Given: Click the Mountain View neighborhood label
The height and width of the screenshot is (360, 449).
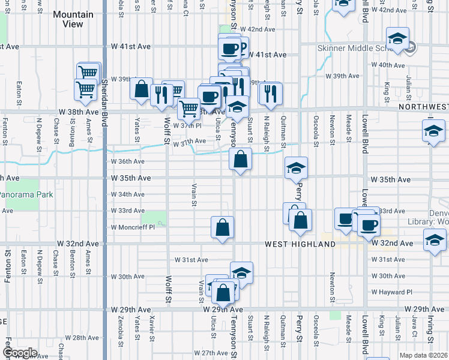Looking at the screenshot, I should [73, 19].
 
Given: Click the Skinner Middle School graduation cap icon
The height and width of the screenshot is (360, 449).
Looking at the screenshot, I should [397, 40].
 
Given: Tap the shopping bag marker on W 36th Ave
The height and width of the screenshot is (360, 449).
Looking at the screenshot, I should [240, 160].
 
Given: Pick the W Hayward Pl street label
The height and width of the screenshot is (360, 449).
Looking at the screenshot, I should [392, 292].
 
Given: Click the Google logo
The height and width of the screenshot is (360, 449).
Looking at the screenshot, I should [20, 353].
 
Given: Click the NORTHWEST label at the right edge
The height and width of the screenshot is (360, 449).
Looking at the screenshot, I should [423, 107].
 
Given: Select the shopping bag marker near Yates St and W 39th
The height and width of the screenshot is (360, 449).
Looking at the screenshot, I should [142, 89].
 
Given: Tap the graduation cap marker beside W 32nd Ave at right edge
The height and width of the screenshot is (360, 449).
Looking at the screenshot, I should [435, 241].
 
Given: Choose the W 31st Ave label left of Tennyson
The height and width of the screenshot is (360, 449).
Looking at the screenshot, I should [191, 260].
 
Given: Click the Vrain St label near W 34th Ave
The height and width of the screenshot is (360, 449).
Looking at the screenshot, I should [194, 194].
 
